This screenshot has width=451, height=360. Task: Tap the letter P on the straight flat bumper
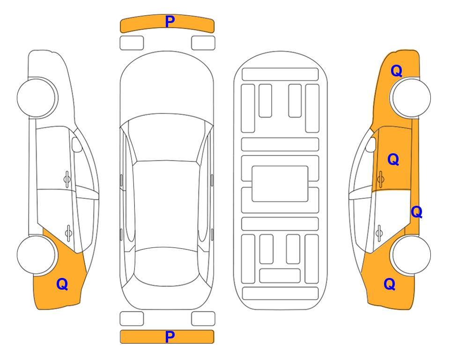click(x=170, y=337)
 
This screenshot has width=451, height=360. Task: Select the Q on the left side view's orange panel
click(x=62, y=284)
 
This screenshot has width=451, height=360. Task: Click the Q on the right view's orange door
click(x=393, y=159)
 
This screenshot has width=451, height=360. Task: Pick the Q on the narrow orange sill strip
click(x=416, y=212)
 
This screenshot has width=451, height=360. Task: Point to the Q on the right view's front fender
click(x=396, y=71)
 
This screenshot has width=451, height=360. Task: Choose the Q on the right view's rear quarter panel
click(x=390, y=284)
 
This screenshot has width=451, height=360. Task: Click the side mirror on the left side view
click(x=77, y=144)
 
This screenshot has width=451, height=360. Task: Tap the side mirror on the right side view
click(x=370, y=144)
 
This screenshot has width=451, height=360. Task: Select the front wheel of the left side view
click(x=37, y=98)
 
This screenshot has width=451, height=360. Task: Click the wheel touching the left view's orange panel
click(x=36, y=255)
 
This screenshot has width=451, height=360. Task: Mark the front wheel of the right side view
click(x=411, y=98)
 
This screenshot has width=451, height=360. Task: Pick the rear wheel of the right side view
click(x=411, y=255)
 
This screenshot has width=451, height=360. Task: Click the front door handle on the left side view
click(x=67, y=180)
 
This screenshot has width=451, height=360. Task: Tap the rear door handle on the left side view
click(x=68, y=232)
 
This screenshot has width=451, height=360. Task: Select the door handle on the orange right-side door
click(x=381, y=180)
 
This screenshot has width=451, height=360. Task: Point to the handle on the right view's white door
click(x=379, y=232)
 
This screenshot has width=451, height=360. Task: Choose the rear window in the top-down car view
click(x=166, y=266)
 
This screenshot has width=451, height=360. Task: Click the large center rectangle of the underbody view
click(x=280, y=184)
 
